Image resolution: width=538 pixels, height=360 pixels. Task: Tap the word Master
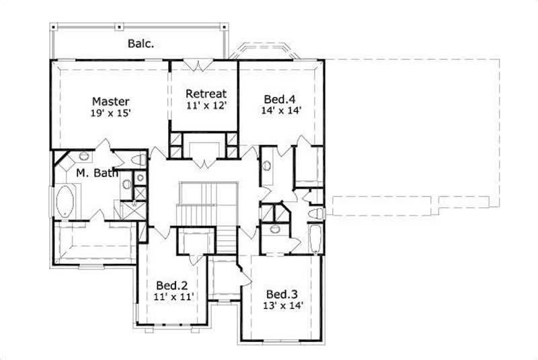coord(111,101)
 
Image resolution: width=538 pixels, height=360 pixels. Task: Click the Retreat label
coord(206,94)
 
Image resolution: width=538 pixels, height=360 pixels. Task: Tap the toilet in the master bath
coord(139,161)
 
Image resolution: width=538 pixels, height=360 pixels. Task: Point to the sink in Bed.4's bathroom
coord(268,164)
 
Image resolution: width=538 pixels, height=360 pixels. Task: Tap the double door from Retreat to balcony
coord(203,65)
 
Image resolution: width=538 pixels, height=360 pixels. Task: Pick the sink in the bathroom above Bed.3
coord(274,229)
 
